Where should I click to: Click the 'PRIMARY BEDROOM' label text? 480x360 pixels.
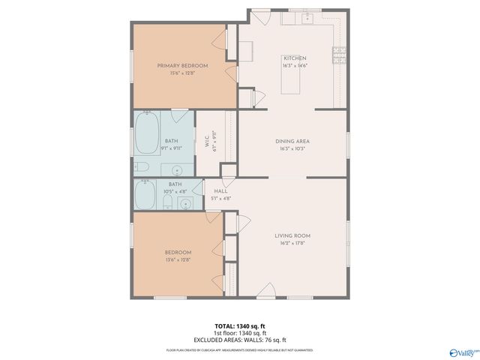tap(182, 66)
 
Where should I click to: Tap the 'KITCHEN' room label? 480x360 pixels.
tap(294, 58)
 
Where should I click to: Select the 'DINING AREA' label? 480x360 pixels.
tap(292, 141)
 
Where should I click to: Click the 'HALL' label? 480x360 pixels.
tap(220, 191)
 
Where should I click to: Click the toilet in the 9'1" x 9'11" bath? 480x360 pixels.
tap(142, 166)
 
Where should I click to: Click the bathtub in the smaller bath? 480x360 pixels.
tap(145, 195)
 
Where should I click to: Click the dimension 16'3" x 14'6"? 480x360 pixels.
tap(294, 66)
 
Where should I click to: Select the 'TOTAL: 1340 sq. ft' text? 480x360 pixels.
tap(239, 326)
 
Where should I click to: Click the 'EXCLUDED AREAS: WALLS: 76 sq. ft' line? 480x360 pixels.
tap(239, 340)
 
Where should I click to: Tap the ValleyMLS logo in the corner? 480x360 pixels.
tap(463, 351)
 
